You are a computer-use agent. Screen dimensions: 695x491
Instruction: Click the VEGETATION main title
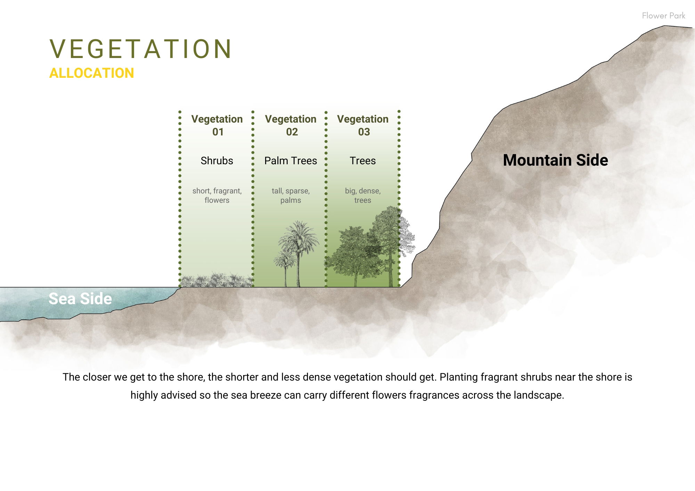coord(141,49)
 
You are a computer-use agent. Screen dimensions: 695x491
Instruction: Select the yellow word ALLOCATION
coord(92,73)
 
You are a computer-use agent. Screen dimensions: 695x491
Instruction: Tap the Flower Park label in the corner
coord(663,16)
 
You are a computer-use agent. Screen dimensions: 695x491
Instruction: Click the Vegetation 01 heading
coord(217,125)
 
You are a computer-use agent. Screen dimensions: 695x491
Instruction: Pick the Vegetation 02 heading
coord(291,125)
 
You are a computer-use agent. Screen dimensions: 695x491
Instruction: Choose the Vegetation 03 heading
coord(363,125)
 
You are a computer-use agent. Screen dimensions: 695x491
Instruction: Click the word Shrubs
coord(217,161)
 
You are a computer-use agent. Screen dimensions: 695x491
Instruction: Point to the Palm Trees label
coord(291,161)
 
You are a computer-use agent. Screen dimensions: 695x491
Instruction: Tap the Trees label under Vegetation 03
coord(363,161)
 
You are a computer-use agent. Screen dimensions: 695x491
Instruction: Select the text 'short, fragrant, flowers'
coord(217,195)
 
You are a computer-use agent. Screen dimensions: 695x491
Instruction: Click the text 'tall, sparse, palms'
coord(291,195)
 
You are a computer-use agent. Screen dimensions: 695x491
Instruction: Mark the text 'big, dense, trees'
coord(363,195)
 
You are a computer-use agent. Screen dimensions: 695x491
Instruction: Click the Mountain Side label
coord(555,160)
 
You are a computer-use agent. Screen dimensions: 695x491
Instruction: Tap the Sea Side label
coord(80,299)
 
